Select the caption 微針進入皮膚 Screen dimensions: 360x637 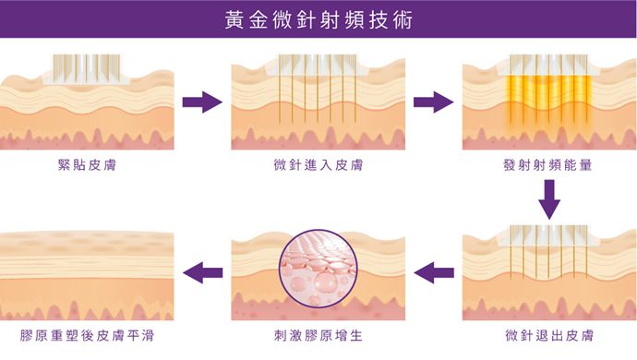click(x=318, y=165)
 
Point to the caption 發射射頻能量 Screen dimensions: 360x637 click(x=548, y=165)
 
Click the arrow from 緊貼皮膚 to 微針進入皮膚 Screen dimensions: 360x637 click(x=202, y=102)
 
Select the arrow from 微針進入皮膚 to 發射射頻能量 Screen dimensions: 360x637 click(x=433, y=102)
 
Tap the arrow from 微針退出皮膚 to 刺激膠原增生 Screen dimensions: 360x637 click(x=433, y=271)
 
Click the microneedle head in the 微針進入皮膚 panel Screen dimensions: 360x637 click(x=317, y=65)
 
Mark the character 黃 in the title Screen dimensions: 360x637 click(x=234, y=19)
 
